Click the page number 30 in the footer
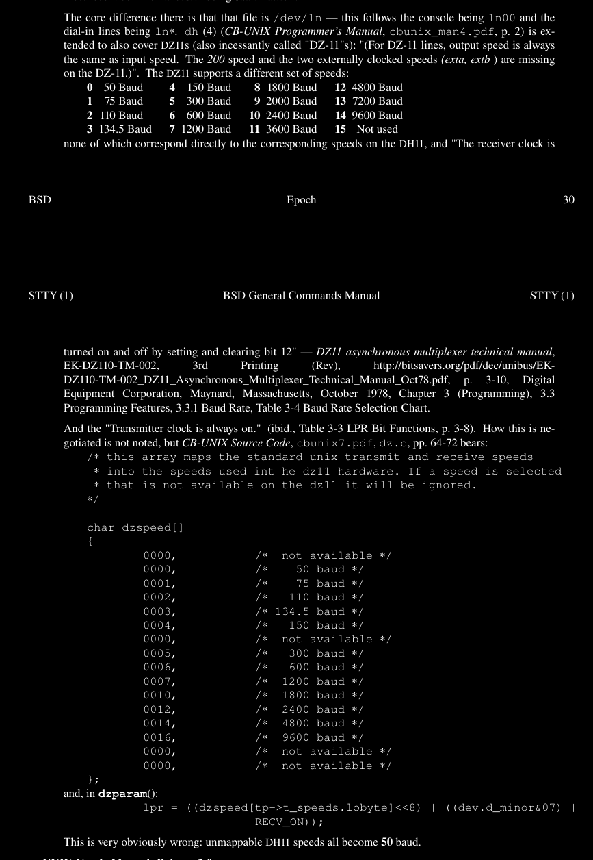[x=568, y=200]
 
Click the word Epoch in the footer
[x=301, y=200]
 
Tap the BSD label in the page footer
[x=40, y=200]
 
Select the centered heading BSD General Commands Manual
[x=301, y=296]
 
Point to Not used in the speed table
[x=377, y=129]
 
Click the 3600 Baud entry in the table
[x=291, y=129]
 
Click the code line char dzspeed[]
[x=135, y=527]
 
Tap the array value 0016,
[x=159, y=737]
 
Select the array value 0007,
[x=159, y=681]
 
